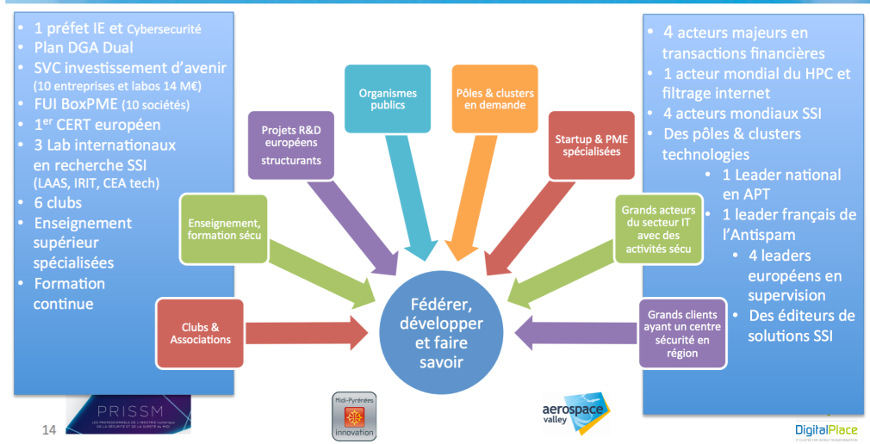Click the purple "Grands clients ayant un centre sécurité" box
[x=681, y=333]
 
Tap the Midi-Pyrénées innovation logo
[x=354, y=416]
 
